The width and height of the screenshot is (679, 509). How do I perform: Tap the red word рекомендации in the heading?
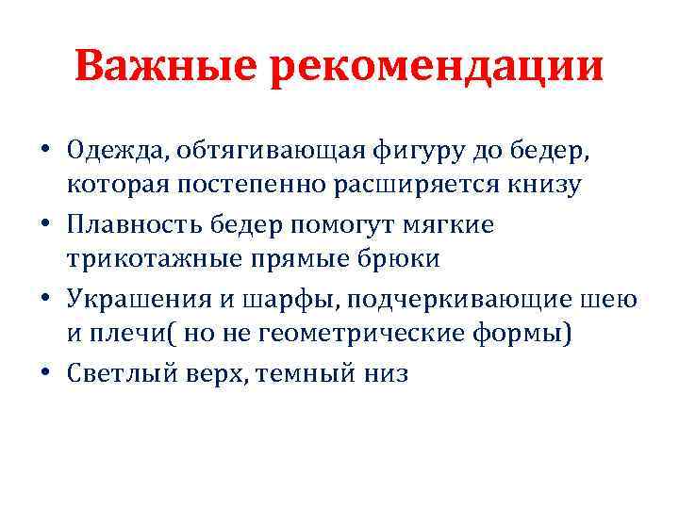click(437, 68)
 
